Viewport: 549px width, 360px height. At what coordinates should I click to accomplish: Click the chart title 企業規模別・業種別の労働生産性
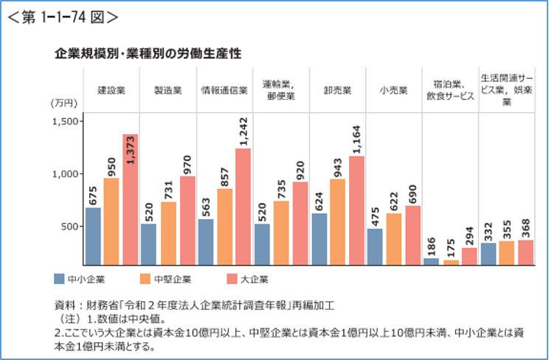pos(148,54)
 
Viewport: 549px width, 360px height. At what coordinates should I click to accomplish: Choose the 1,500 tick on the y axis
pos(66,121)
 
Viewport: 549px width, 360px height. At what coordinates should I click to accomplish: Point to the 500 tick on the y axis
pos(71,226)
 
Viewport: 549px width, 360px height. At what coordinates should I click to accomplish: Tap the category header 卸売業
pos(338,91)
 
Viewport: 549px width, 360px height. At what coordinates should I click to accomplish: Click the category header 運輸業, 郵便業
pos(281,91)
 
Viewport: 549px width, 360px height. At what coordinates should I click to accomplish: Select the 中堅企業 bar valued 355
pos(508,252)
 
